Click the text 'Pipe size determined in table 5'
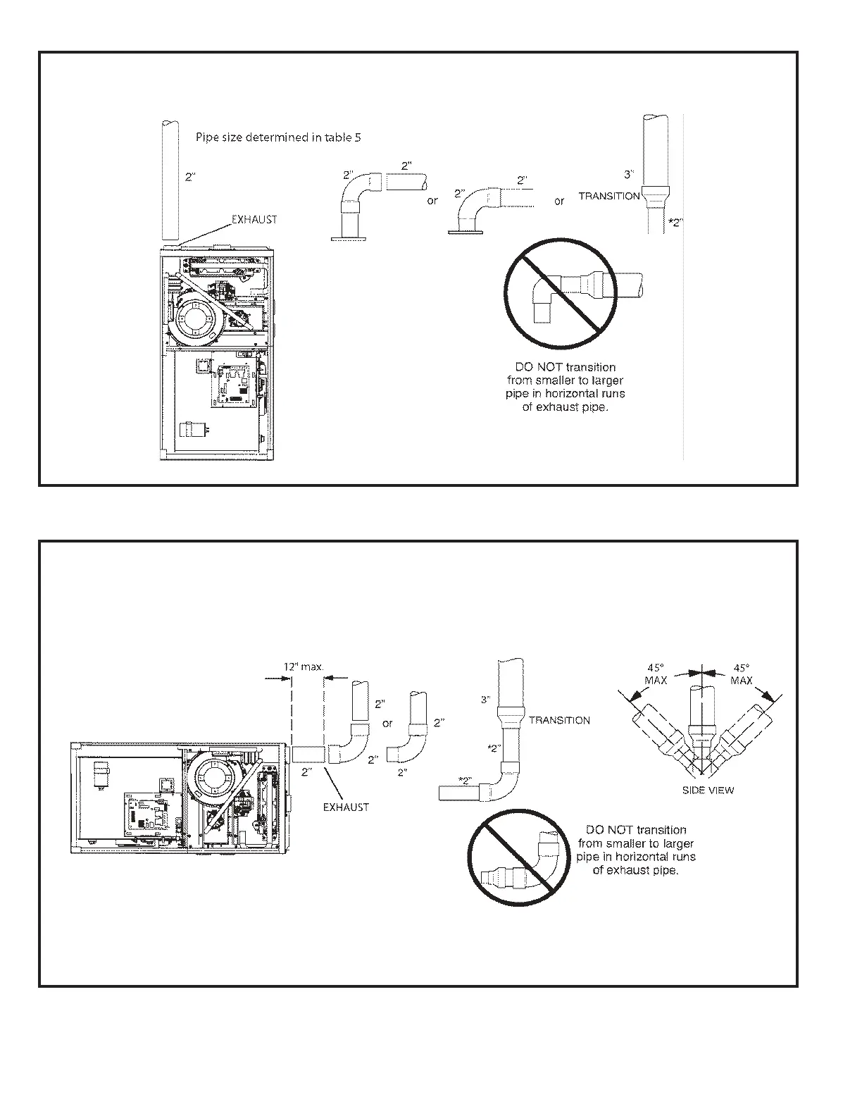[278, 138]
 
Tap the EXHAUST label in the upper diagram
[254, 220]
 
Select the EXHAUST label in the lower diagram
[346, 807]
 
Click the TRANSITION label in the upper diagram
[609, 196]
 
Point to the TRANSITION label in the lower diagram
[559, 720]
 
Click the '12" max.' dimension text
[304, 666]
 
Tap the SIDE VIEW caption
[708, 790]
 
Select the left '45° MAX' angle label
[656, 674]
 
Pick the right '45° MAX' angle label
[742, 674]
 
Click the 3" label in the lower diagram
[485, 700]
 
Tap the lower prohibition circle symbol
[518, 855]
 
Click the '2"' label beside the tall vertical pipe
[190, 178]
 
